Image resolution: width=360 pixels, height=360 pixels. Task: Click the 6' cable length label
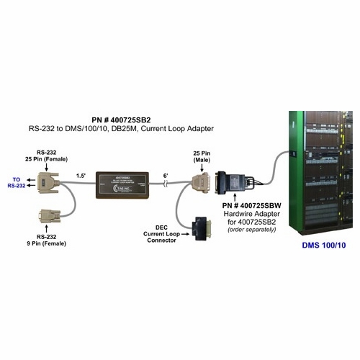[166, 174]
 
